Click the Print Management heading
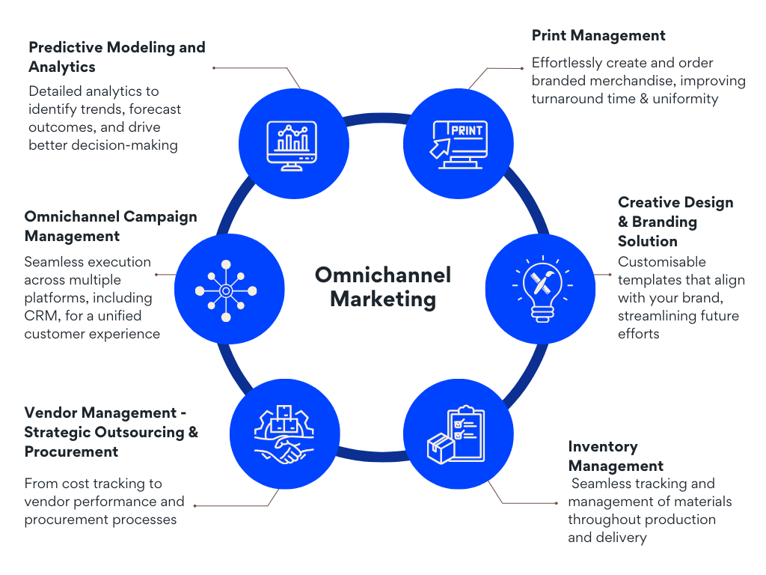click(598, 35)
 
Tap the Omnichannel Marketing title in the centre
click(382, 287)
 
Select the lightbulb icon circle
click(541, 287)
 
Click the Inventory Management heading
click(615, 456)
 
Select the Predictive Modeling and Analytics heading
click(116, 57)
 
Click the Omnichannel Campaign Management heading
click(110, 226)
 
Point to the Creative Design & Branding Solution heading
click(675, 222)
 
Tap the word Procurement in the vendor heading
click(71, 451)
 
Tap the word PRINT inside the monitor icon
click(466, 130)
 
